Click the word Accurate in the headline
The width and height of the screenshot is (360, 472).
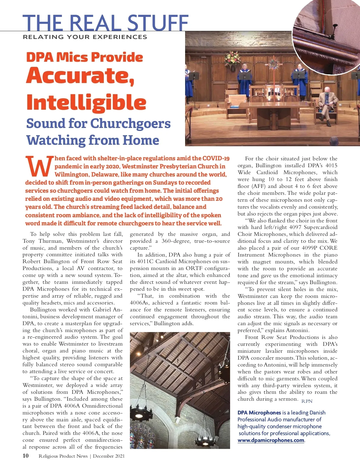tap(80, 76)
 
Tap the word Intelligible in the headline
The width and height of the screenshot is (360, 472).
tap(86, 102)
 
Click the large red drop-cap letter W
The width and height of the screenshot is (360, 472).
tap(38, 167)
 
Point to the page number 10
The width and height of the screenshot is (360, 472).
tap(26, 456)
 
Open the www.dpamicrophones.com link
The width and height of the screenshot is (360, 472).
tap(271, 440)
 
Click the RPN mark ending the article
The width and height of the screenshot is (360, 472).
tap(307, 401)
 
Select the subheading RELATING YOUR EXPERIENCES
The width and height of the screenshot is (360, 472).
tap(85, 37)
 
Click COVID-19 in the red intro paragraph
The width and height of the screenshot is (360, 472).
tap(216, 158)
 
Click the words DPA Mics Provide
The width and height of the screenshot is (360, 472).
tap(84, 57)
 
